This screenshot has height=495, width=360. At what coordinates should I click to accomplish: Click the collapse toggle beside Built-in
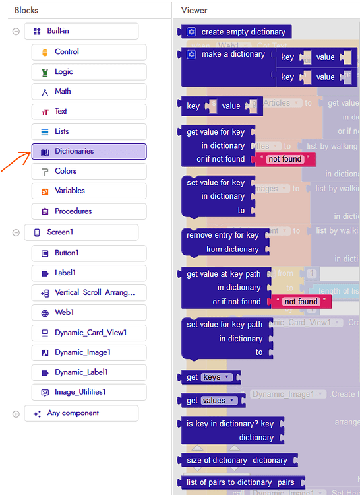[16, 32]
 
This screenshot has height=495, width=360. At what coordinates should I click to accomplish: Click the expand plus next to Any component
[16, 414]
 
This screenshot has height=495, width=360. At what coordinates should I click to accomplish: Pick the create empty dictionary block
[243, 32]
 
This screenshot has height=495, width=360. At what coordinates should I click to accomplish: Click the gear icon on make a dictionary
[191, 54]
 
